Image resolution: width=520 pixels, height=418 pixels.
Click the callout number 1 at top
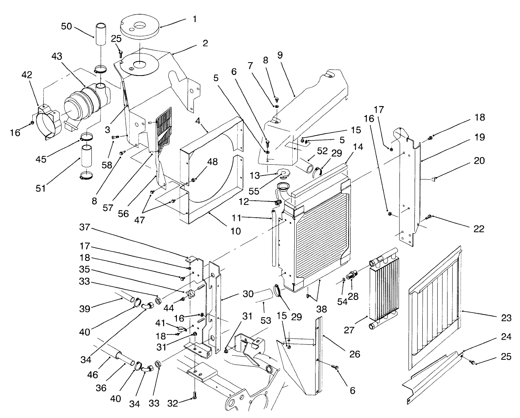(194, 18)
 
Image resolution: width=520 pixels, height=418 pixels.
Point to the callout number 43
(57, 57)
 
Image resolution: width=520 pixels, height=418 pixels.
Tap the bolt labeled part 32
(194, 395)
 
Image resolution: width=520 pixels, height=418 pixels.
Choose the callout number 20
(479, 161)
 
